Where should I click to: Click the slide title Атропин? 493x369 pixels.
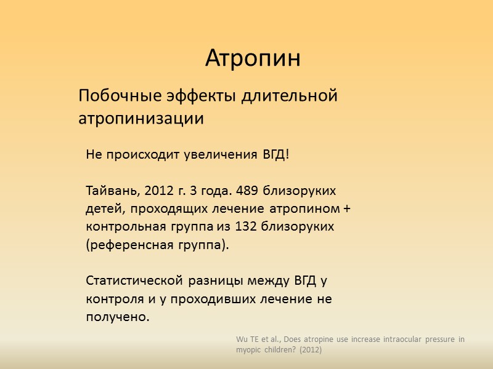pos(253,58)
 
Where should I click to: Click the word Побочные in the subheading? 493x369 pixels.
pos(119,97)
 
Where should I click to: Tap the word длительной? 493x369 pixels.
pos(290,97)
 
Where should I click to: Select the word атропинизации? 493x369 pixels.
pos(141,118)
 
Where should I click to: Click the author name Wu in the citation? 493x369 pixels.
pos(242,339)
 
